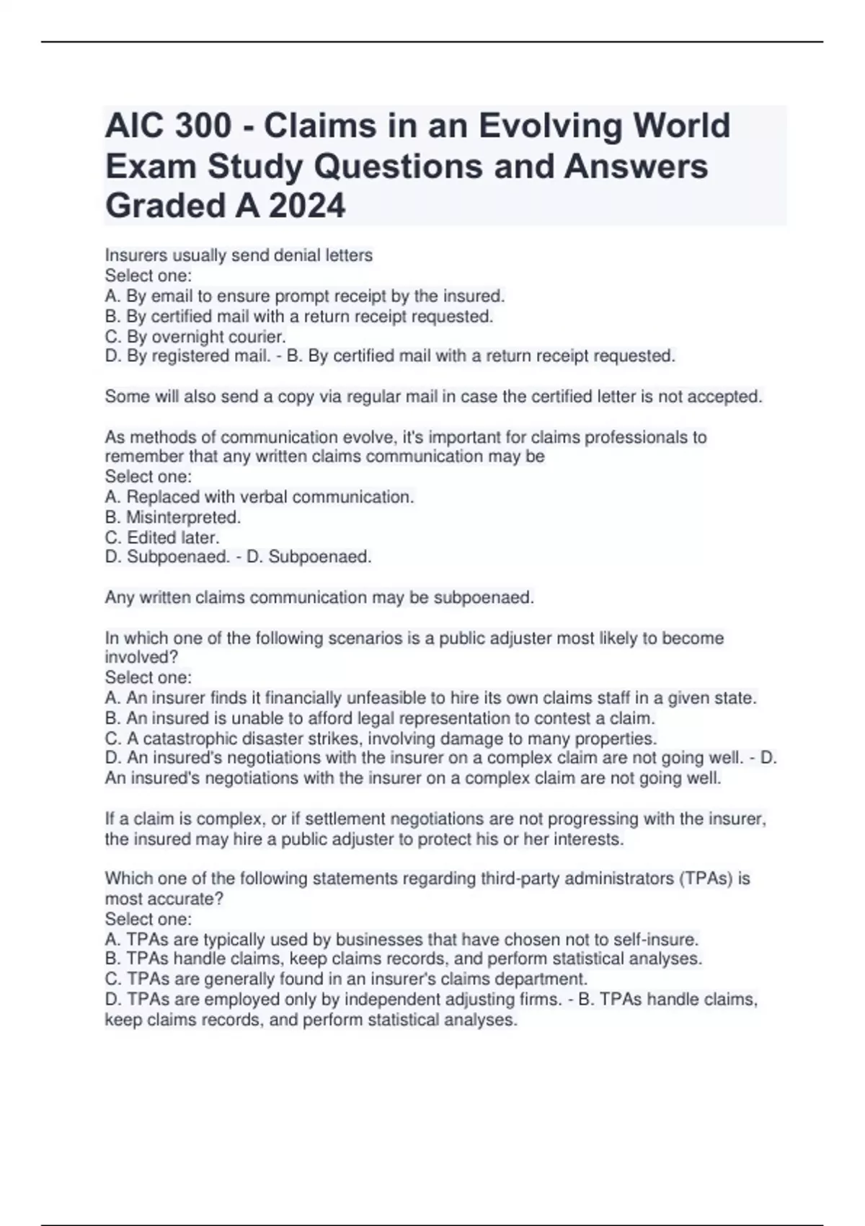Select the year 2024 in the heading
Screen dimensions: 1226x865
(307, 206)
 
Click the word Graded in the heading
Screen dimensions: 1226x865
(164, 206)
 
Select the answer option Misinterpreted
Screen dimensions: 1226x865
(183, 517)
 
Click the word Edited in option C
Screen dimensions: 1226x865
(150, 537)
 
